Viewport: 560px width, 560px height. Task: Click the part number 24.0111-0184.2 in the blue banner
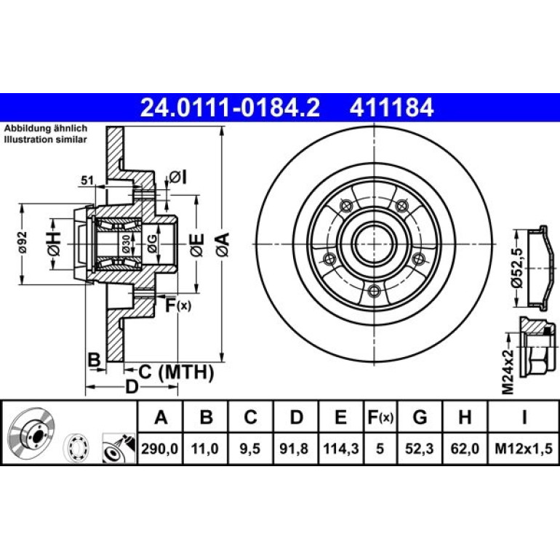(x=230, y=108)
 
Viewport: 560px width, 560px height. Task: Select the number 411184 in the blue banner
(x=391, y=108)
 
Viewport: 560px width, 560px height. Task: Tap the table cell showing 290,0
(x=160, y=449)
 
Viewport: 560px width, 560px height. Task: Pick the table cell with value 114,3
(x=340, y=449)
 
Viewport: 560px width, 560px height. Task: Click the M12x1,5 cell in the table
(x=523, y=449)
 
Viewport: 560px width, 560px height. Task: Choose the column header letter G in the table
(x=420, y=417)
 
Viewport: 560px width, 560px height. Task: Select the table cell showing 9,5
(x=250, y=449)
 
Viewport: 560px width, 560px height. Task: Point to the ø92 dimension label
(x=23, y=242)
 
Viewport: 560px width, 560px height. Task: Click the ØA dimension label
(x=223, y=244)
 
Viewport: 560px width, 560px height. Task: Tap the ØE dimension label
(x=197, y=245)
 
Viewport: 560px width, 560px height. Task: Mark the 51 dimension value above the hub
(x=87, y=180)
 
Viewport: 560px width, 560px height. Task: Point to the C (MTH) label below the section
(x=176, y=372)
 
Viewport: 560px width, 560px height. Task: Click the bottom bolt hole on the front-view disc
(x=374, y=291)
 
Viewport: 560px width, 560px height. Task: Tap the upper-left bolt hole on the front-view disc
(x=345, y=206)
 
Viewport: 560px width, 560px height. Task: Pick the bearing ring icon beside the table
(x=76, y=448)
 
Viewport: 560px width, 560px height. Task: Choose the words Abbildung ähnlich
(x=45, y=128)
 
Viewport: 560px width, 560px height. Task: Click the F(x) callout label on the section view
(x=178, y=305)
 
